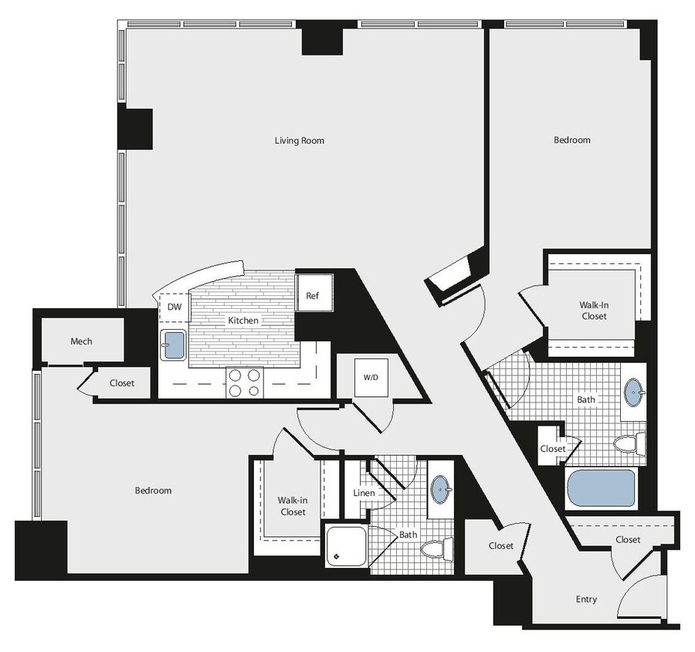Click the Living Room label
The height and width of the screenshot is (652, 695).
[x=300, y=141]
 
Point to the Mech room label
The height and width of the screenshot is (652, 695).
[x=81, y=341]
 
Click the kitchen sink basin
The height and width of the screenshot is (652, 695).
[x=173, y=345]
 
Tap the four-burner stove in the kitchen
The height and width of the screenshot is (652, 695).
[x=245, y=383]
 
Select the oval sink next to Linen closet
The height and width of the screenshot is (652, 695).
[x=441, y=489]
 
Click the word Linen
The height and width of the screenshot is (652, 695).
[x=364, y=493]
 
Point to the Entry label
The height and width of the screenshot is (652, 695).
[x=586, y=599]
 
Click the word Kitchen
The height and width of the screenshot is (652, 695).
[x=242, y=320]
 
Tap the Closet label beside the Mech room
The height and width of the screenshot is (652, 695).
[x=121, y=383]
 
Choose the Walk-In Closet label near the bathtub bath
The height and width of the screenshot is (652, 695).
[x=594, y=311]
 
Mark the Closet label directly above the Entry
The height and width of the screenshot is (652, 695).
[x=628, y=539]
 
